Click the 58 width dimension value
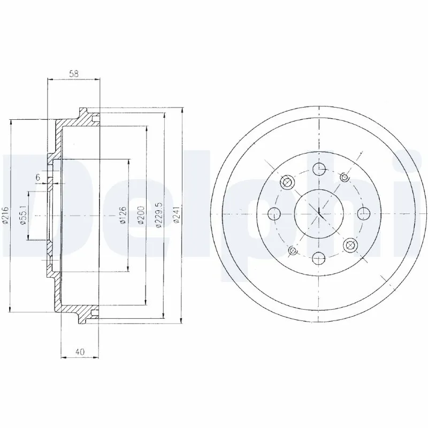pos(74,74)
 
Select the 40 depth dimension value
pos(80,351)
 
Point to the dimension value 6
pos(37,177)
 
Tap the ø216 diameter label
pos(5,216)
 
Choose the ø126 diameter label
pos(123,216)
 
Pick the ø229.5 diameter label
pos(158,216)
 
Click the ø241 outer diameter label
pos(176,216)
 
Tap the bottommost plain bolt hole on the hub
pos(319,258)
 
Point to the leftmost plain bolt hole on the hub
pos(275,215)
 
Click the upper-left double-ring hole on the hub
pos(288,183)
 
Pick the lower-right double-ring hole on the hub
pos(350,246)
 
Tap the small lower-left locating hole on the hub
pos(292,251)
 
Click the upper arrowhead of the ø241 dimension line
pos(182,109)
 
